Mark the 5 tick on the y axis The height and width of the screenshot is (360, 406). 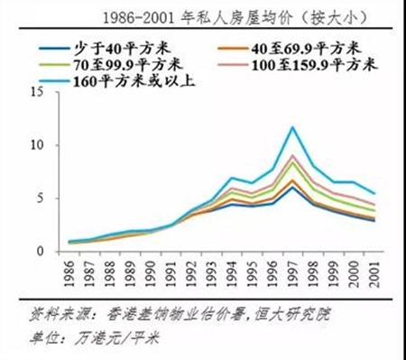tap(55, 198)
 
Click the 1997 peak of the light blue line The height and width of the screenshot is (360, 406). tap(291, 127)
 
